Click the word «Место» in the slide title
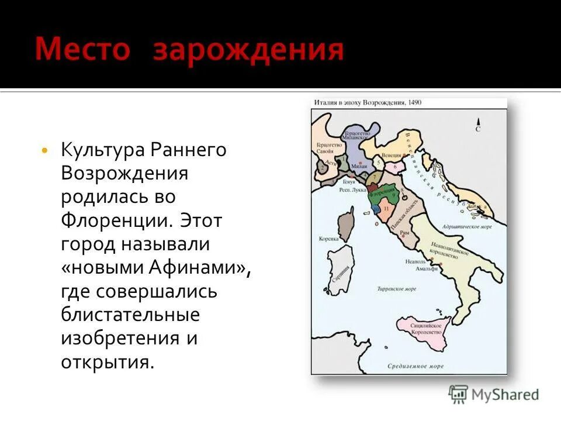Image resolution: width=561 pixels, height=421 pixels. (82, 50)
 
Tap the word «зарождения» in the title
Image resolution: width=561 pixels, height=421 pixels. (248, 51)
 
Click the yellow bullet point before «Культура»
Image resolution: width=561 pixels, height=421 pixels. (45, 151)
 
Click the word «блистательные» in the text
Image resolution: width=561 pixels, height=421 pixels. (130, 315)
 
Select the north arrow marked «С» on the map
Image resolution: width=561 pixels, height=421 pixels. (477, 125)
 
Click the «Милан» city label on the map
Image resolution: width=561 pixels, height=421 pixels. (359, 166)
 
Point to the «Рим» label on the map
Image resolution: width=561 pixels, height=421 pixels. (403, 232)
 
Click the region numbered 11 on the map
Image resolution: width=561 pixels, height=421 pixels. (385, 208)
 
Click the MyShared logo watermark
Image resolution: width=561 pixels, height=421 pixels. (494, 394)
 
